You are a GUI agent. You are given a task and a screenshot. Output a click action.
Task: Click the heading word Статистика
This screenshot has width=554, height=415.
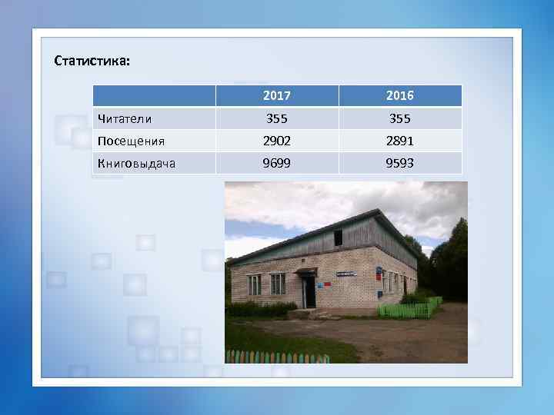click(x=92, y=61)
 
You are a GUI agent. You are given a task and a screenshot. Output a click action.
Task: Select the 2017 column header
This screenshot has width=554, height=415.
click(x=277, y=96)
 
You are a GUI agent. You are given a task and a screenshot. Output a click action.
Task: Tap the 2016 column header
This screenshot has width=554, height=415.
click(x=400, y=96)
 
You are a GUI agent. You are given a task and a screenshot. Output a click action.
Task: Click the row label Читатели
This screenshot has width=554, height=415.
click(x=124, y=119)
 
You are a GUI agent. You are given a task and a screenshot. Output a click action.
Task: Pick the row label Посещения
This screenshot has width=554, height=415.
click(x=131, y=141)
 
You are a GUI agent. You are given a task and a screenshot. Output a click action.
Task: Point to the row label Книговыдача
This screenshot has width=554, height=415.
click(x=137, y=163)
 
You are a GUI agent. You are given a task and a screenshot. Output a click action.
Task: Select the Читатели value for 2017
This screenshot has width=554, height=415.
click(x=277, y=119)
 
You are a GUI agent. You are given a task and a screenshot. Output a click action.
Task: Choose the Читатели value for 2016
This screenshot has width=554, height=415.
click(x=400, y=119)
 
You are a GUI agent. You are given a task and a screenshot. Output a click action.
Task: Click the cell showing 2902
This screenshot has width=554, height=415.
click(x=277, y=141)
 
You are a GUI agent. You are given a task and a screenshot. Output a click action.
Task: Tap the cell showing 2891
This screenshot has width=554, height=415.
click(x=400, y=141)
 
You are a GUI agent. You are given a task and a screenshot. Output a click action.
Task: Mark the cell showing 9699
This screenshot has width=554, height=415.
click(x=277, y=163)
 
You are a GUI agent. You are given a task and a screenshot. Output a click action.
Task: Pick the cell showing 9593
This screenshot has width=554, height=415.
click(x=400, y=163)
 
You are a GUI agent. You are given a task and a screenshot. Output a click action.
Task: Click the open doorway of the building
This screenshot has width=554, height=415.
click(x=309, y=292)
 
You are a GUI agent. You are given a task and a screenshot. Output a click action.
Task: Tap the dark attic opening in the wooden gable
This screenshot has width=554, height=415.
click(x=338, y=237)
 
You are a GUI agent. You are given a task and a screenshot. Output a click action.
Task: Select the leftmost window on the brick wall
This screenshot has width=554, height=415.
click(x=253, y=284)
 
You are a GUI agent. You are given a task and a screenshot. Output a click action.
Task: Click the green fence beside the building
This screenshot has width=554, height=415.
click(x=408, y=310)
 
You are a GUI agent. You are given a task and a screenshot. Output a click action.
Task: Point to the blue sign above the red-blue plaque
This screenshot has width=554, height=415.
click(x=348, y=271)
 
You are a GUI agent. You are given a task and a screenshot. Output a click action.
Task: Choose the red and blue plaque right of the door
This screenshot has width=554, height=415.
click(x=327, y=284)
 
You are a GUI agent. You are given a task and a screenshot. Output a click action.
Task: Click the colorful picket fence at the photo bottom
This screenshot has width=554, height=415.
click(x=277, y=357)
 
